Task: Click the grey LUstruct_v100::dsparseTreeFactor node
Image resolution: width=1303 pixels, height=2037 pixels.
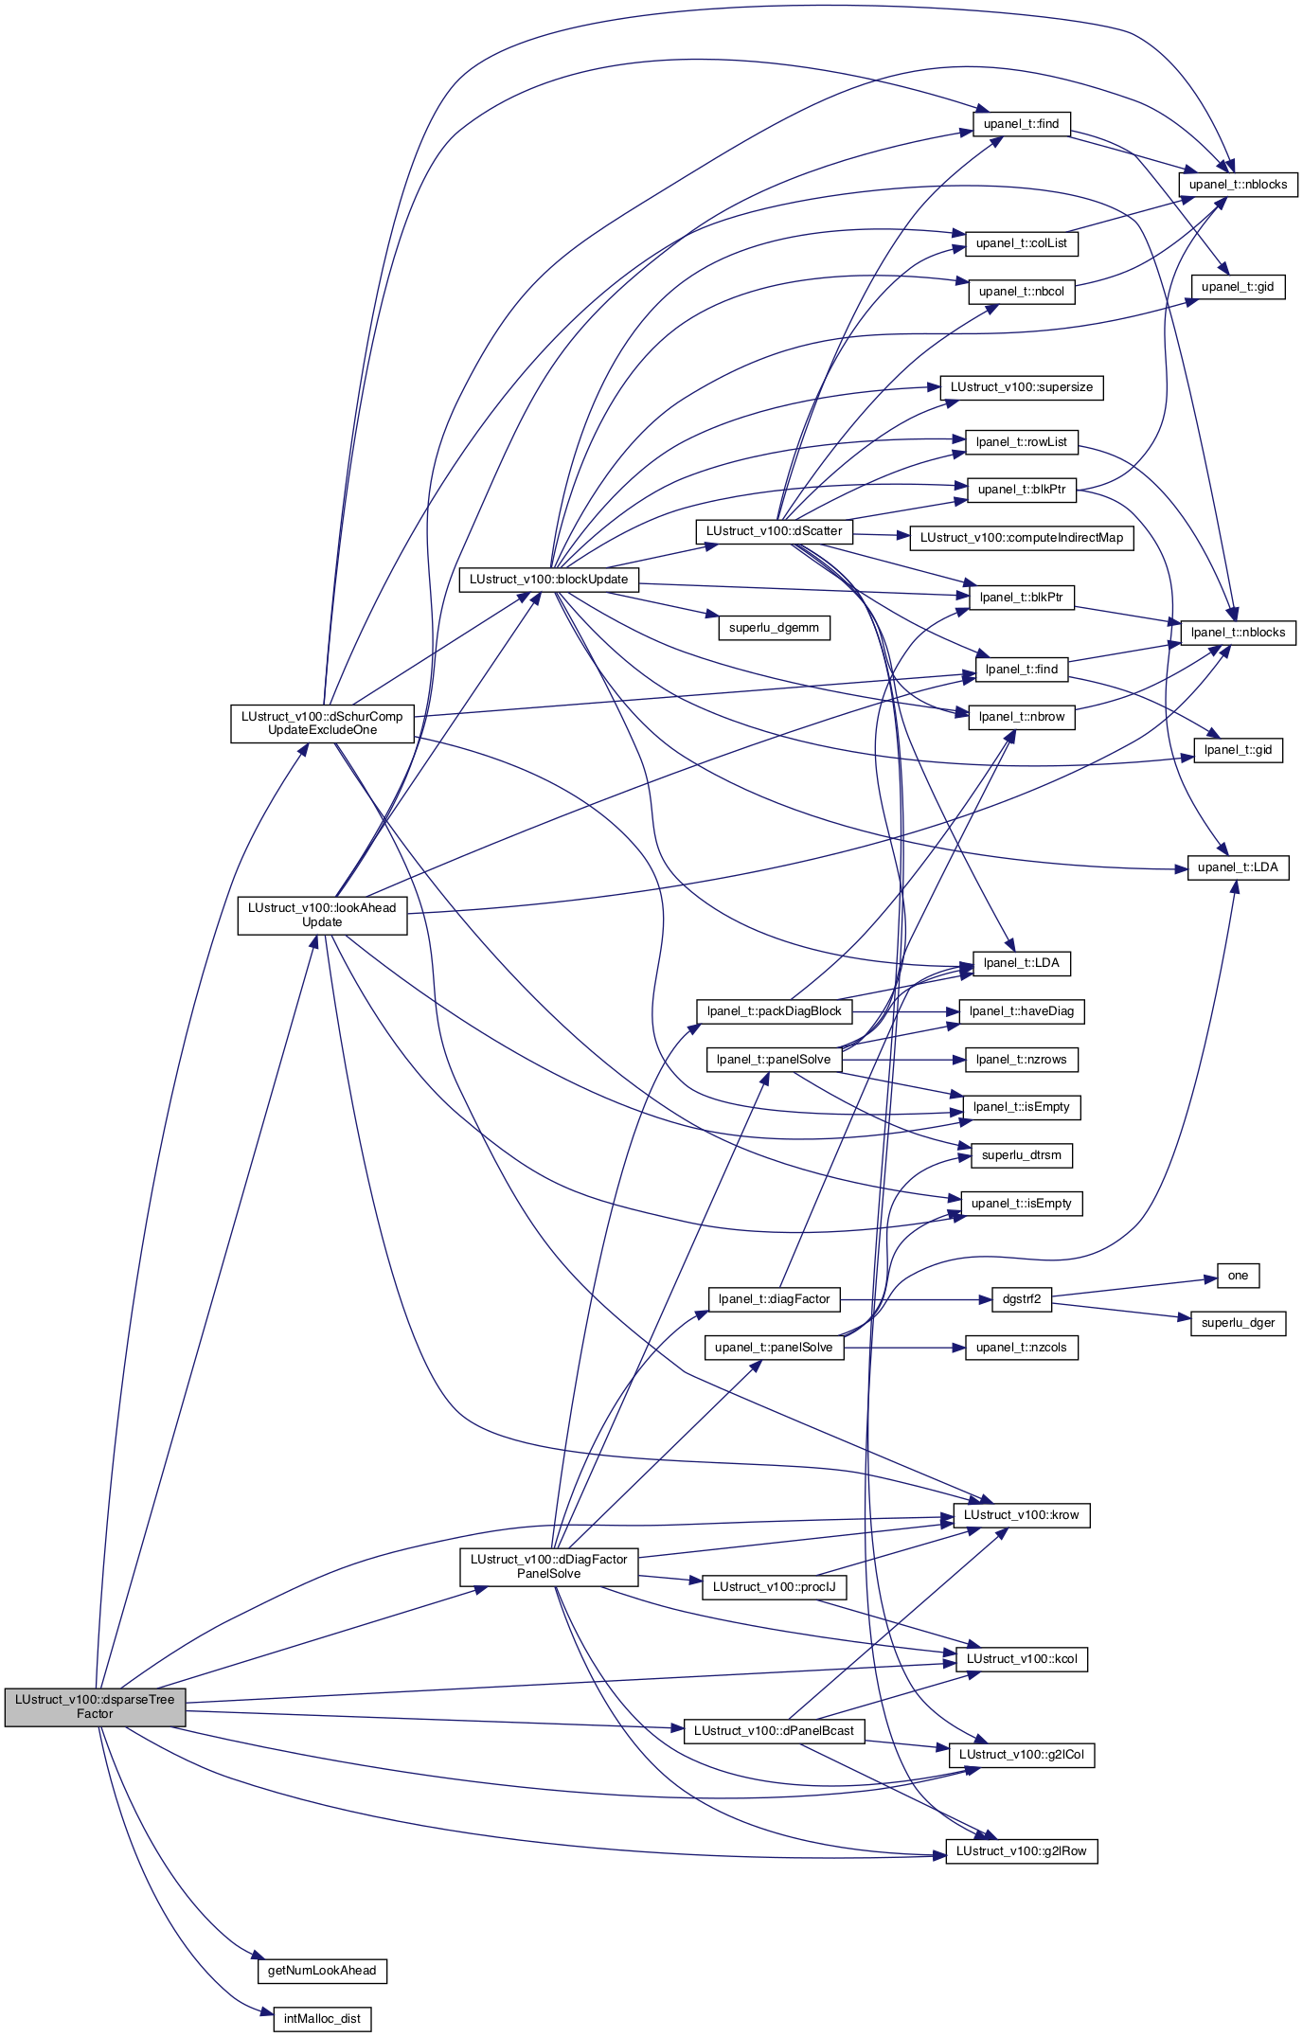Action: pyautogui.click(x=95, y=1706)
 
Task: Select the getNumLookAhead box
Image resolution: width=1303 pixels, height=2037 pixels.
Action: pyautogui.click(x=322, y=1970)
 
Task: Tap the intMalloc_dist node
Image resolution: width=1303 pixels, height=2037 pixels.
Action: pyautogui.click(x=322, y=2018)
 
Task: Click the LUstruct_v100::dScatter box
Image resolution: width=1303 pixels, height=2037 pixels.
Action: pyautogui.click(x=774, y=531)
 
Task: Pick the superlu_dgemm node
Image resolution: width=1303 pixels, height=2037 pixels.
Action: pyautogui.click(x=774, y=628)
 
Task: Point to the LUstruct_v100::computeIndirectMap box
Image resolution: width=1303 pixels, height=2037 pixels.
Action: pyautogui.click(x=1022, y=538)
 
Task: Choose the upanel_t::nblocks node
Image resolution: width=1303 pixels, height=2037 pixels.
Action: pyautogui.click(x=1238, y=185)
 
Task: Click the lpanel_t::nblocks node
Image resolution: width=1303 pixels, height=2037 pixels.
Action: pyautogui.click(x=1238, y=633)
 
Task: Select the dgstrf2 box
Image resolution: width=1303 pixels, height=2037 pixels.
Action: pyautogui.click(x=1022, y=1299)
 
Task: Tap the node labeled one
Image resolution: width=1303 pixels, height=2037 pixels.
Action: pyautogui.click(x=1238, y=1276)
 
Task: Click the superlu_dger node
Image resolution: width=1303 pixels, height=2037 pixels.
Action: pyautogui.click(x=1238, y=1323)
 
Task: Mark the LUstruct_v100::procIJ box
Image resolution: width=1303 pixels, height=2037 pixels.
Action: pyautogui.click(x=774, y=1586)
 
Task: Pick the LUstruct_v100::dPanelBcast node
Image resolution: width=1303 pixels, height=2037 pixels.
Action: pyautogui.click(x=774, y=1730)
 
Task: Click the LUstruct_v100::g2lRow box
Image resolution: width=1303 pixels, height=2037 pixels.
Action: pyautogui.click(x=1022, y=1850)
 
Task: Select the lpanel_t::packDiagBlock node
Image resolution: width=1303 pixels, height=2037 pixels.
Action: pyautogui.click(x=774, y=1011)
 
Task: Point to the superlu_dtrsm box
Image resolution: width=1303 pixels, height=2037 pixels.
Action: pyautogui.click(x=1022, y=1155)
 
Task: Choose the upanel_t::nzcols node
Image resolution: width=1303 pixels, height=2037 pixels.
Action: pyautogui.click(x=1022, y=1348)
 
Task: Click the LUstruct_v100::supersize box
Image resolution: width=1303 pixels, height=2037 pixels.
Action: pyautogui.click(x=1022, y=387)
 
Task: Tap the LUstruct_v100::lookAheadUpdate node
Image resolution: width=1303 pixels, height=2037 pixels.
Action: pyautogui.click(x=322, y=915)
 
